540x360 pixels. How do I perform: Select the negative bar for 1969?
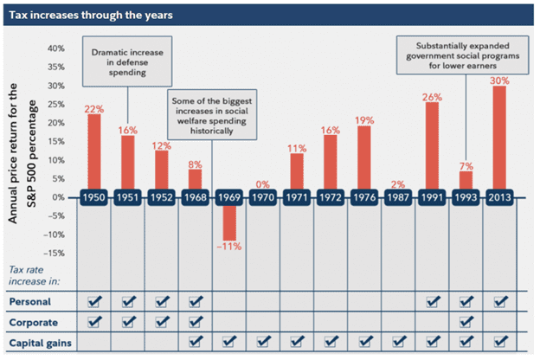229,223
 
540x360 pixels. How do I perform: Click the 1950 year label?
94,198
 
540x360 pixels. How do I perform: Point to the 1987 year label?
398,198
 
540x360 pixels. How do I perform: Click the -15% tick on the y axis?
55,253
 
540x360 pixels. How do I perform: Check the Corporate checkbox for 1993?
466,322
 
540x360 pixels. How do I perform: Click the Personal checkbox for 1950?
94,301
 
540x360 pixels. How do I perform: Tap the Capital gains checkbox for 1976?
364,342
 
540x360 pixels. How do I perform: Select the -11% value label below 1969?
229,248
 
